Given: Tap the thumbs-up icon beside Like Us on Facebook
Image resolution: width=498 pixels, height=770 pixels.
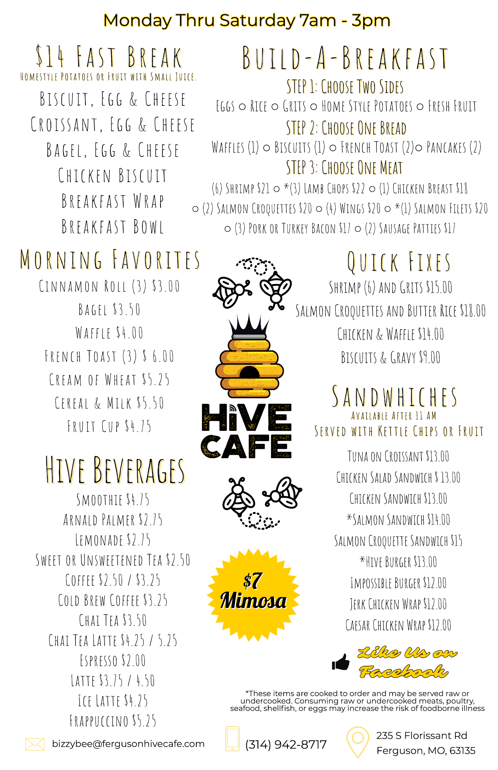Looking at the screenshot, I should pyautogui.click(x=341, y=662).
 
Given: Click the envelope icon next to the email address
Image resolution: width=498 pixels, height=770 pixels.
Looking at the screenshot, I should pyautogui.click(x=35, y=744).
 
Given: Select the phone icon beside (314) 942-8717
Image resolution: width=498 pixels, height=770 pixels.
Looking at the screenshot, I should pyautogui.click(x=232, y=739).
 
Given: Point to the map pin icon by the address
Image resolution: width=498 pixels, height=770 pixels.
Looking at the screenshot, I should pyautogui.click(x=358, y=741).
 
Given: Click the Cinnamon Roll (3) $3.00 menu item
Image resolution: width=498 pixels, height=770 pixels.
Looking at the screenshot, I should pyautogui.click(x=109, y=286).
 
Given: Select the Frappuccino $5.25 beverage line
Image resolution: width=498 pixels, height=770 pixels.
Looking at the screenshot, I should pyautogui.click(x=113, y=721).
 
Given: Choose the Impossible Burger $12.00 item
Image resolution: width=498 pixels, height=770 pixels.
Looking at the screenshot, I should pyautogui.click(x=398, y=583).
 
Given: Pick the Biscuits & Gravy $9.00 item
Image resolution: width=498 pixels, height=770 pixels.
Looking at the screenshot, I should pyautogui.click(x=391, y=358).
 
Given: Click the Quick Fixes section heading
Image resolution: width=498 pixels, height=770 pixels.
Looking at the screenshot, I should pyautogui.click(x=399, y=262).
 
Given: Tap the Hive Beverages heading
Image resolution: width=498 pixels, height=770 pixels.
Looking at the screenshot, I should pyautogui.click(x=115, y=470).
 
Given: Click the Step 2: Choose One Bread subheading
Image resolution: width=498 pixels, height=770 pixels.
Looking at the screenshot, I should pyautogui.click(x=346, y=128).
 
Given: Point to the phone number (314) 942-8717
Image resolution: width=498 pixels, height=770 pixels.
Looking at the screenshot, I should pyautogui.click(x=286, y=744).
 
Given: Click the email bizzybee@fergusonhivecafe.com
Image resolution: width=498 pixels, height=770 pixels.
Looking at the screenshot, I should pyautogui.click(x=128, y=744).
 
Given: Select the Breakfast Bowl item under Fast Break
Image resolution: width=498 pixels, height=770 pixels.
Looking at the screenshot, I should pyautogui.click(x=113, y=227).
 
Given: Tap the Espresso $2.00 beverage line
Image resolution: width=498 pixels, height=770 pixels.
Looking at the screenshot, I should pyautogui.click(x=113, y=661).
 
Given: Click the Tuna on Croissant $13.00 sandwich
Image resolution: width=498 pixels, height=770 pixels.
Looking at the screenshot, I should pyautogui.click(x=398, y=457).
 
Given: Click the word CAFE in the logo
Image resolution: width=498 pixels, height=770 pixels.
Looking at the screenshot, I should pyautogui.click(x=246, y=447).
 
